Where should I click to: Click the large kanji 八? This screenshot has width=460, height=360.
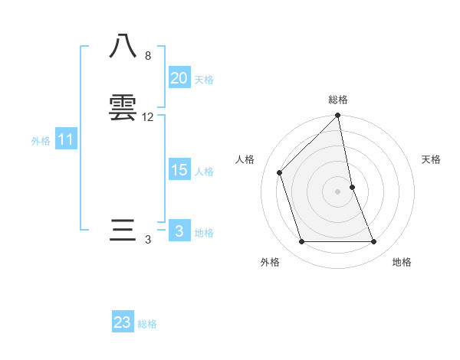pos(123,47)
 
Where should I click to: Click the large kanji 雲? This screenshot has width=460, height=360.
pos(123,107)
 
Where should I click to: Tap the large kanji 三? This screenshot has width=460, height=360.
pos(123,231)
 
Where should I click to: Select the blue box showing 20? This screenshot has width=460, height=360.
pos(179,78)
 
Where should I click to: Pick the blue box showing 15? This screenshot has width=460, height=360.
pos(179,170)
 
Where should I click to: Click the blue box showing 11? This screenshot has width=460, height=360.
pos(66,139)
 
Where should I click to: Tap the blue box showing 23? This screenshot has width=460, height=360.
pos(123,322)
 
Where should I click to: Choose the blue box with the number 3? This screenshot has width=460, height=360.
pos(179,231)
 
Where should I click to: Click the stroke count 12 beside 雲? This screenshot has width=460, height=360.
pos(148,117)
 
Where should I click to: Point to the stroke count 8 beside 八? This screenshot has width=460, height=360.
pos(148,56)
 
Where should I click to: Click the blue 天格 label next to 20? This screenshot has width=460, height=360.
pos(204,80)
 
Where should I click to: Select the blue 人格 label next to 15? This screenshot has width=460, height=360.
pos(204,172)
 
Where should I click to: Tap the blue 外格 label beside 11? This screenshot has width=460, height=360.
pos(41,141)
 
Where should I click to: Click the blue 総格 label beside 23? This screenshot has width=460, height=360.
pos(147,324)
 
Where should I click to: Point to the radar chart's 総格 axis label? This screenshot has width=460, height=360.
pos(338,100)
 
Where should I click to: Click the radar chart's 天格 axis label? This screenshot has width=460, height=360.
pos(432,159)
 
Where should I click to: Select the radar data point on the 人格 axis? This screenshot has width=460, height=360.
pos(280,172)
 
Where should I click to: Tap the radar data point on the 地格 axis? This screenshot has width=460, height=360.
pos(374,242)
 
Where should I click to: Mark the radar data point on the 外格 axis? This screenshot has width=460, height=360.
pos(302,242)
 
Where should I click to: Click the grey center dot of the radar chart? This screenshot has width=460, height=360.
pos(338,191)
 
